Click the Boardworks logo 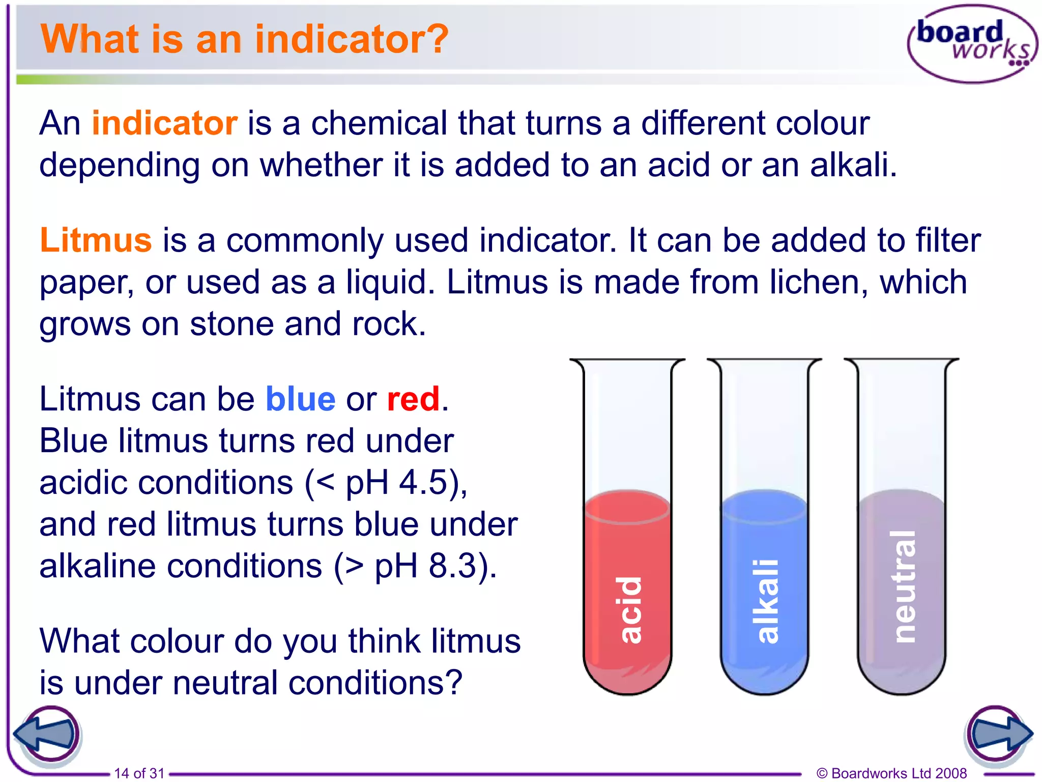coord(972,44)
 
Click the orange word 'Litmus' coord(96,240)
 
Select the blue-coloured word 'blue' coord(300,399)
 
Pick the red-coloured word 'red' coord(413,399)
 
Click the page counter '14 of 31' coord(139,773)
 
